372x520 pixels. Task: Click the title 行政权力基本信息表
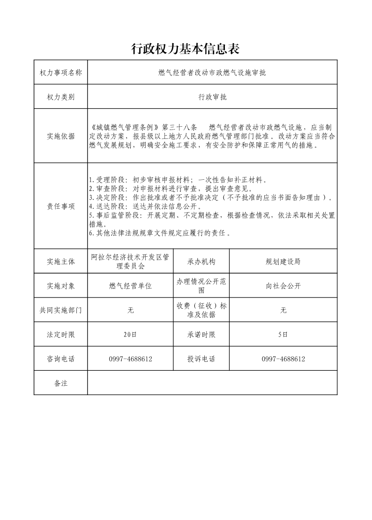[186, 48]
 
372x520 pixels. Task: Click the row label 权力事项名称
[60, 73]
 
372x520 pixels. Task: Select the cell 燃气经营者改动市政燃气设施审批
[212, 73]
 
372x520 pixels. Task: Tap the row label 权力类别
[60, 97]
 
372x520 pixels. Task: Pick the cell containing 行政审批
[212, 97]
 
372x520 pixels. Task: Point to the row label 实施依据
[60, 137]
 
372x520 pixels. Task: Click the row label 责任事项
[60, 206]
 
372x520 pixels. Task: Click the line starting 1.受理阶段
[178, 180]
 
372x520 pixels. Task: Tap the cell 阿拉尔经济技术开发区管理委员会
[130, 261]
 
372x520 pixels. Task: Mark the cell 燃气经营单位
[130, 286]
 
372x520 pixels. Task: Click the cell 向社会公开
[283, 286]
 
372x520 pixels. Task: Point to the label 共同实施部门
[60, 310]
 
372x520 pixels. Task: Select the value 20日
[130, 335]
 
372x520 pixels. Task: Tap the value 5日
[283, 335]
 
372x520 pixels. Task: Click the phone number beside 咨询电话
[130, 359]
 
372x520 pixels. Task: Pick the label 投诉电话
[201, 359]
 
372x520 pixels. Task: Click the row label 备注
[60, 383]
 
